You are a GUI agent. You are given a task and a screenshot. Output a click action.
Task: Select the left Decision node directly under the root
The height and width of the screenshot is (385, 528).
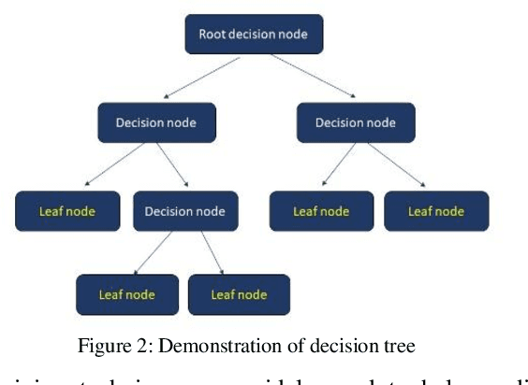click(157, 122)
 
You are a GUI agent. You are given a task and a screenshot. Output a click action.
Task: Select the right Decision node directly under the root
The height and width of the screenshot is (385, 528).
click(355, 122)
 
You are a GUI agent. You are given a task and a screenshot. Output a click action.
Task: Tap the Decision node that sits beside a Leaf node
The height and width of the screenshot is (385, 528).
click(185, 211)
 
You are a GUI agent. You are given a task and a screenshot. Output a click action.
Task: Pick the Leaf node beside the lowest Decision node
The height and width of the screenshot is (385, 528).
click(68, 211)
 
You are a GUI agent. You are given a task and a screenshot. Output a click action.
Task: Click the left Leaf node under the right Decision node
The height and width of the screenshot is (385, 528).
click(321, 211)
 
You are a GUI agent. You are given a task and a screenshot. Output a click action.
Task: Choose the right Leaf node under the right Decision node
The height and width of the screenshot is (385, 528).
click(436, 211)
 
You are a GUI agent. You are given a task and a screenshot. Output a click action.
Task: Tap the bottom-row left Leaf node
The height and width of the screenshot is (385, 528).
click(126, 294)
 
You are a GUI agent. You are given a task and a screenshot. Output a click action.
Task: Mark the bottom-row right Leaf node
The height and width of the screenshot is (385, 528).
click(239, 294)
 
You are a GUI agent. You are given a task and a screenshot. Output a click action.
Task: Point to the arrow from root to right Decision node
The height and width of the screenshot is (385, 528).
click(314, 77)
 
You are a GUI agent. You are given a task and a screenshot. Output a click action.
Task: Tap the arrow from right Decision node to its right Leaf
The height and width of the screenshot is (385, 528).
click(394, 166)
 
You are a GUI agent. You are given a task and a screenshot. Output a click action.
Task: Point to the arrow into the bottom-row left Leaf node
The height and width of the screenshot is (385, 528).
click(154, 252)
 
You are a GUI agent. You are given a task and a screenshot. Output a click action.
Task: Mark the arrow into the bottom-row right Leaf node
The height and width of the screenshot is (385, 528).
click(213, 252)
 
